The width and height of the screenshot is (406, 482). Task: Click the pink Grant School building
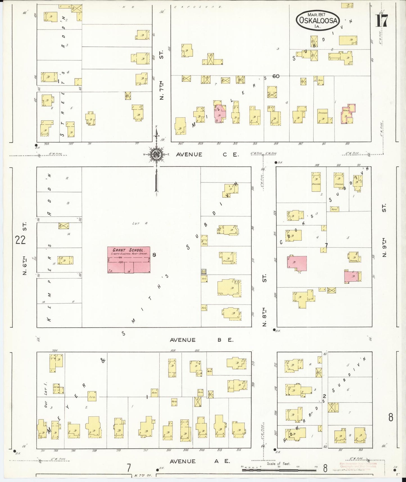point(129,260)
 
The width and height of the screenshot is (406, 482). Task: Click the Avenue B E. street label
point(201,340)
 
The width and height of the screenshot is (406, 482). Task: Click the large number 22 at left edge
point(21,240)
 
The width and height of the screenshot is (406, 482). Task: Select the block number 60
point(276,76)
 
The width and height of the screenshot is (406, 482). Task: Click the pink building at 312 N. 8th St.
point(297,263)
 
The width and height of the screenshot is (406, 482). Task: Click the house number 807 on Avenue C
point(181,144)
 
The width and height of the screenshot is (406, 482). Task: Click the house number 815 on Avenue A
point(239,450)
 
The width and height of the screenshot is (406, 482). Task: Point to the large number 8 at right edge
point(391,418)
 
